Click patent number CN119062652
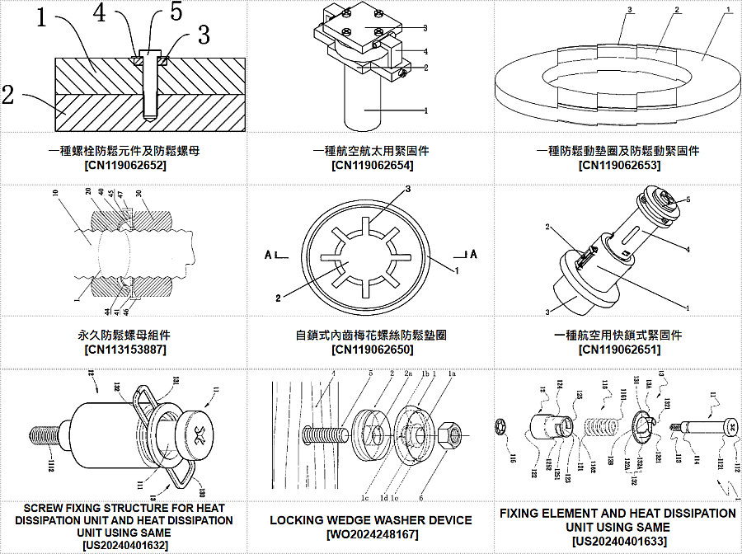[124, 166]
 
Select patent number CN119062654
[371, 166]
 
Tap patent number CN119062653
[618, 166]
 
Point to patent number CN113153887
[124, 350]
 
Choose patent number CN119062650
[371, 350]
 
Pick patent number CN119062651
[618, 350]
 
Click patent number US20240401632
[124, 545]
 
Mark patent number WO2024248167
[371, 534]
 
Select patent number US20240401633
[618, 541]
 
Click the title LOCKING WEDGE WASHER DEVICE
[371, 520]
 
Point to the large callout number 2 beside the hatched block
[8, 94]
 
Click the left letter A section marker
[270, 255]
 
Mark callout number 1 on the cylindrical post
[425, 110]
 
